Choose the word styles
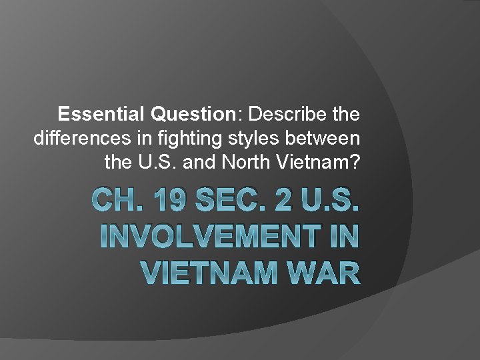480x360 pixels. pos(231,139)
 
